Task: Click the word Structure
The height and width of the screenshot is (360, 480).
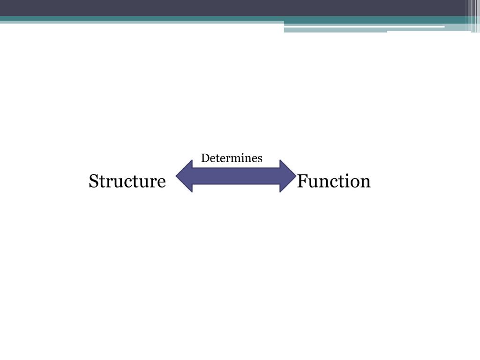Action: coord(127,181)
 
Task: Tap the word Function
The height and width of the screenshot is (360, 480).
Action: coord(334,181)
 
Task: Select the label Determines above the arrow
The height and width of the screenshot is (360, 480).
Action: coord(232,158)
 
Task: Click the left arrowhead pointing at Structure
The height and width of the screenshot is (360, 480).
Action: coord(184,176)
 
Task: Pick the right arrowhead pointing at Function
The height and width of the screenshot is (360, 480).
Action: coord(287,176)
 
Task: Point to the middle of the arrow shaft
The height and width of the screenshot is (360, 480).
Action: coord(236,176)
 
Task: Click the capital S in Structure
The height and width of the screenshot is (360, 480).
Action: coord(93,181)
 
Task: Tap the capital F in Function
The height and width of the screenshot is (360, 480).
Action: coord(302,181)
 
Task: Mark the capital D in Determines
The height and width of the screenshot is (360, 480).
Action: coord(205,158)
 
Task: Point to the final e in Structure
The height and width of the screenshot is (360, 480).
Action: coord(162,182)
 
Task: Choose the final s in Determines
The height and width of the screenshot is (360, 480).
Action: coord(260,159)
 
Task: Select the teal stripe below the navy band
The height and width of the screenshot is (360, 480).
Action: coord(141,19)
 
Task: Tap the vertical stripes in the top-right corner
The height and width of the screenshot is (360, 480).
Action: coord(473,14)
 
